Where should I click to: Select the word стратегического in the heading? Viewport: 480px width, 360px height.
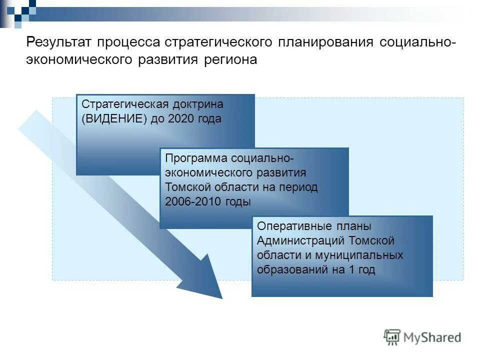218,42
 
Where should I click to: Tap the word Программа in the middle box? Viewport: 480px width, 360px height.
195,158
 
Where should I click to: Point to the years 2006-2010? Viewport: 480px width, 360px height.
191,201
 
